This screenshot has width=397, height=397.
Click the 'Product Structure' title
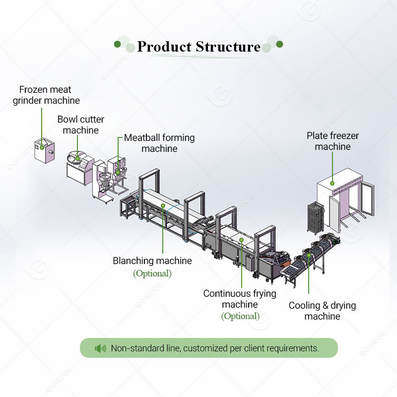tap(198, 47)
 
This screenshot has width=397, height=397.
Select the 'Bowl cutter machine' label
tap(81, 125)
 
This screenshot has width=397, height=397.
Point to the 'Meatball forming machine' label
tap(159, 143)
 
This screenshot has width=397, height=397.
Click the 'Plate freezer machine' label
tap(332, 141)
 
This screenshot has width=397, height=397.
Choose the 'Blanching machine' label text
tap(152, 261)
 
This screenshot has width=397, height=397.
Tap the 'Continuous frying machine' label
tap(240, 299)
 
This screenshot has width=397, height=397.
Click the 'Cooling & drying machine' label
tap(322, 311)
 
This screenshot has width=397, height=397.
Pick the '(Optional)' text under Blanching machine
tap(152, 273)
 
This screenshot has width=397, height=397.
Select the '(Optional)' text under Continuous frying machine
tap(240, 316)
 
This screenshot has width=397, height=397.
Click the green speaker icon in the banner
tap(100, 348)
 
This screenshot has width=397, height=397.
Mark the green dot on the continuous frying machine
tap(241, 240)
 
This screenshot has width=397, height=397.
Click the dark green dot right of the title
tap(279, 44)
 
